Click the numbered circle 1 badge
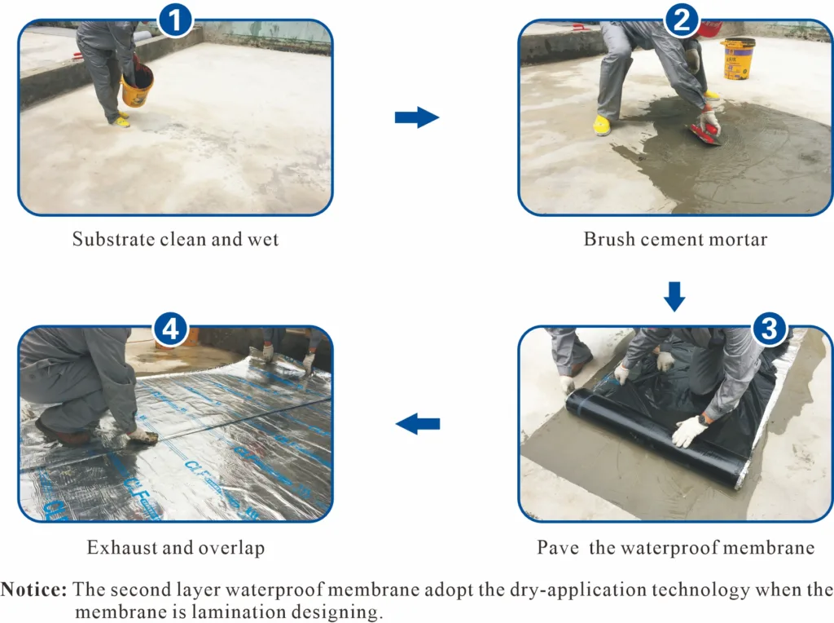pos(175,20)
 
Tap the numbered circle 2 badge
pos(682,20)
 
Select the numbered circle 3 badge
pos(770,328)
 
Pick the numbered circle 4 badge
pos(170,328)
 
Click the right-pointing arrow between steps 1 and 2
pos(417,117)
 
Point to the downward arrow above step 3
pos(674,297)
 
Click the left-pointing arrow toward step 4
pos(418,424)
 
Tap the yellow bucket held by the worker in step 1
pos(137,86)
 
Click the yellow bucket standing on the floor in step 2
pos(738,59)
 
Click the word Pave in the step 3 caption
pos(558,547)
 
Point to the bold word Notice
pos(34,590)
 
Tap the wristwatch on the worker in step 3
pos(703,420)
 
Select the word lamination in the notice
pos(229,612)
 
